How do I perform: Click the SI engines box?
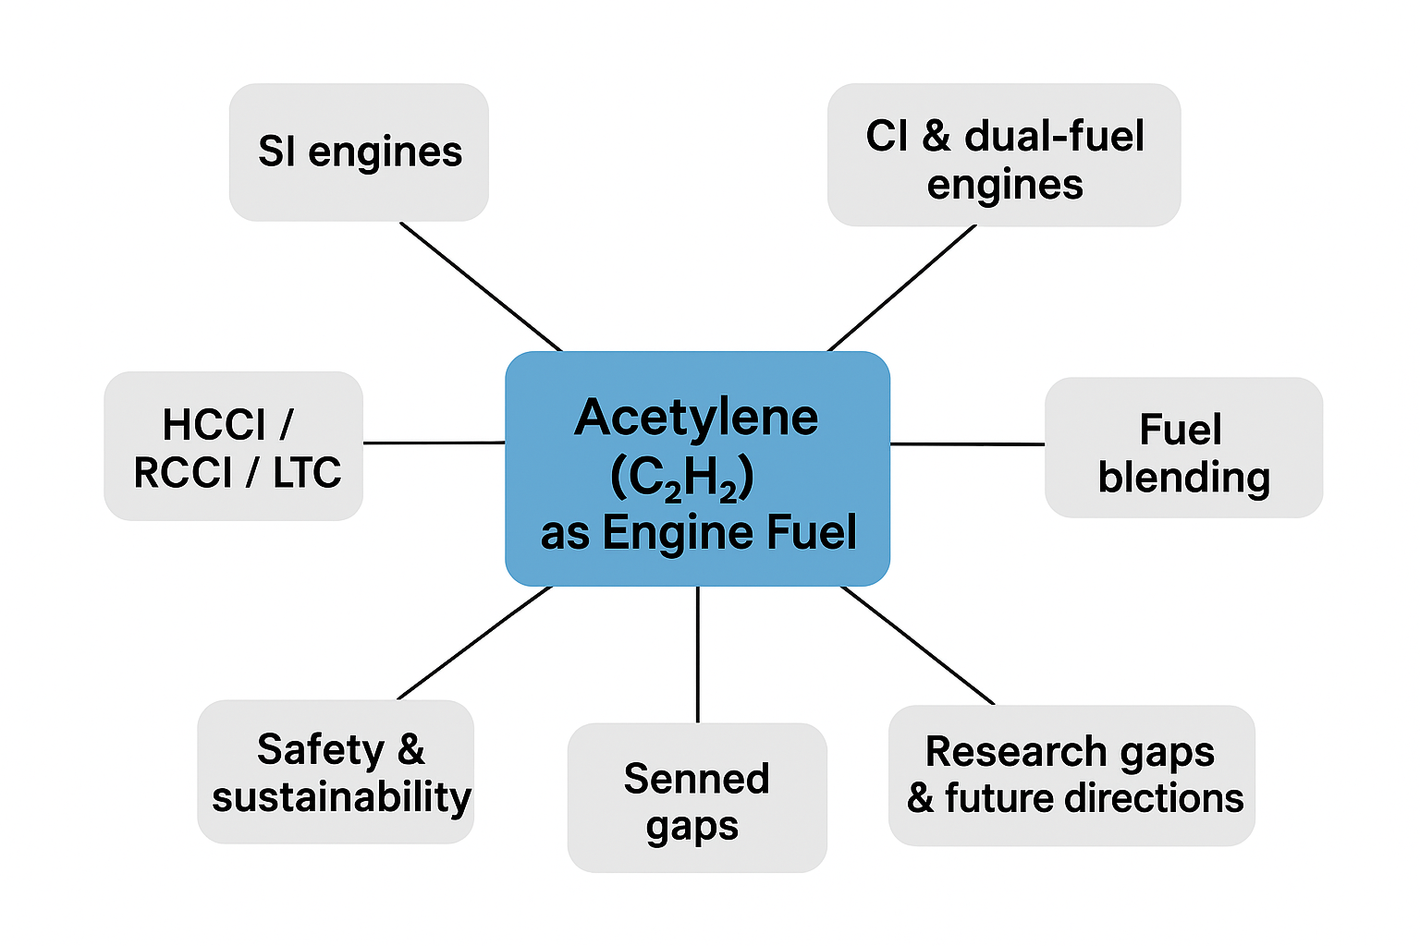[x=359, y=152]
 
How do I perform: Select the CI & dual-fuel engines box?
[x=1004, y=155]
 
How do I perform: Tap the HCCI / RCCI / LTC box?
[x=233, y=446]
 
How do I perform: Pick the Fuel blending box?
[x=1183, y=448]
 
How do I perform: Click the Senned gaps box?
[x=697, y=797]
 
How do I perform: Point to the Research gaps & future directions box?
[x=1071, y=775]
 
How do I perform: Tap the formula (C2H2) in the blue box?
[x=682, y=478]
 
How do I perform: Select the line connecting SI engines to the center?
[x=481, y=286]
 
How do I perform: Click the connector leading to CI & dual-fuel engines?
[x=901, y=288]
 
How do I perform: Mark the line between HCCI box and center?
[x=434, y=443]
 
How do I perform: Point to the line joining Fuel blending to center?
[x=967, y=444]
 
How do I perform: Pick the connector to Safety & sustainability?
[x=474, y=643]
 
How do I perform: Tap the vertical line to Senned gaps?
[x=698, y=654]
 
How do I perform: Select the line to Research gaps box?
[x=917, y=645]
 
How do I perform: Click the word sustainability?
[x=341, y=797]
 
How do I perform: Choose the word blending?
[x=1183, y=478]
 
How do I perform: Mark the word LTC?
[x=307, y=473]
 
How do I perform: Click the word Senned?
[x=696, y=779]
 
